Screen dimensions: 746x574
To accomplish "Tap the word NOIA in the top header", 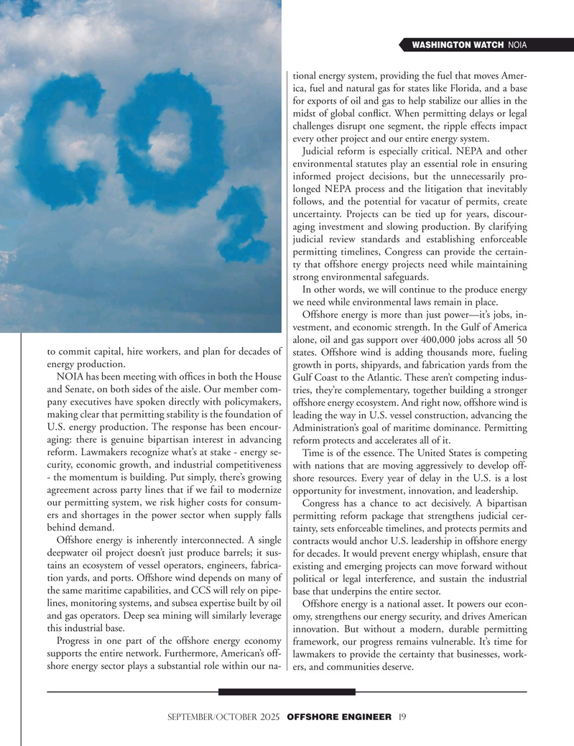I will (517, 45).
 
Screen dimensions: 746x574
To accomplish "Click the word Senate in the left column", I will (85, 391).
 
